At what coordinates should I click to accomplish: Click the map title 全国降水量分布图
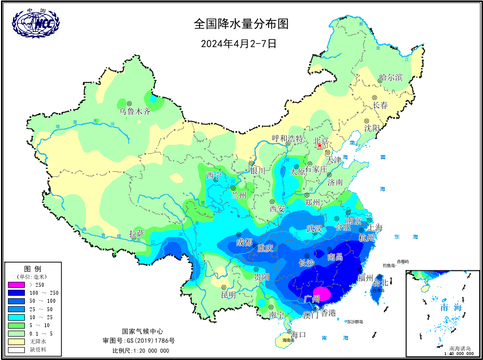(x=241, y=24)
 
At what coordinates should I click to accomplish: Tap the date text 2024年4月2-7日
(x=238, y=43)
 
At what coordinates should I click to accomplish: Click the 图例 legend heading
(x=32, y=268)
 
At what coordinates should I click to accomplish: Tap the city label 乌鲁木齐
(x=134, y=111)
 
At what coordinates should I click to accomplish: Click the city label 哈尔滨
(x=390, y=78)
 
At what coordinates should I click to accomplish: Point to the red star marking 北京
(x=319, y=146)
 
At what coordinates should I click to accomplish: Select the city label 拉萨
(x=137, y=234)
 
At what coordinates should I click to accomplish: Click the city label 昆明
(x=228, y=294)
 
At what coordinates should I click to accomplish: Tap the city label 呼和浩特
(x=288, y=138)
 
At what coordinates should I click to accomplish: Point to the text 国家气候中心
(x=142, y=331)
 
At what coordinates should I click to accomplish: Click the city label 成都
(x=244, y=242)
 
